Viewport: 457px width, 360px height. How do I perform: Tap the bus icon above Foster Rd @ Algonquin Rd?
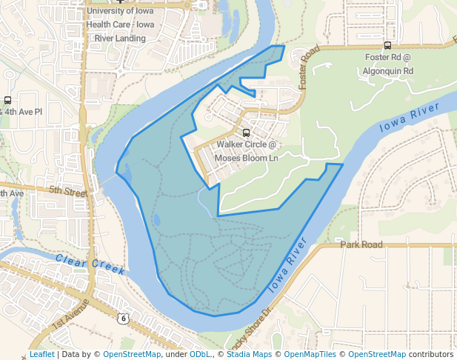387,46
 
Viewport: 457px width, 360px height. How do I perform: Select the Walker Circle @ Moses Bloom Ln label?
246,150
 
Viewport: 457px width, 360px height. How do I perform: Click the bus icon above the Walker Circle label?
247,133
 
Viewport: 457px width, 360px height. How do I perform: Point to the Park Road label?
361,244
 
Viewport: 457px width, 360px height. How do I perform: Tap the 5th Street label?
68,190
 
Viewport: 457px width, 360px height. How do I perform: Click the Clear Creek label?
90,264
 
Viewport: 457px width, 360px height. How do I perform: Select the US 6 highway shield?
123,318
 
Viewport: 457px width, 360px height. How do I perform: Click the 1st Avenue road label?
70,316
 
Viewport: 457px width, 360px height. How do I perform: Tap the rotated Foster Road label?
309,67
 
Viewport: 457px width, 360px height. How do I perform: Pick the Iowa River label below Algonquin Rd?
410,117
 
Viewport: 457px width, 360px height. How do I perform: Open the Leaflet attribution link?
41,354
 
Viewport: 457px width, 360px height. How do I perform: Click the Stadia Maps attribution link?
249,354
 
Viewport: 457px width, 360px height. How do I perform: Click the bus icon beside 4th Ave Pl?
7,100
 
